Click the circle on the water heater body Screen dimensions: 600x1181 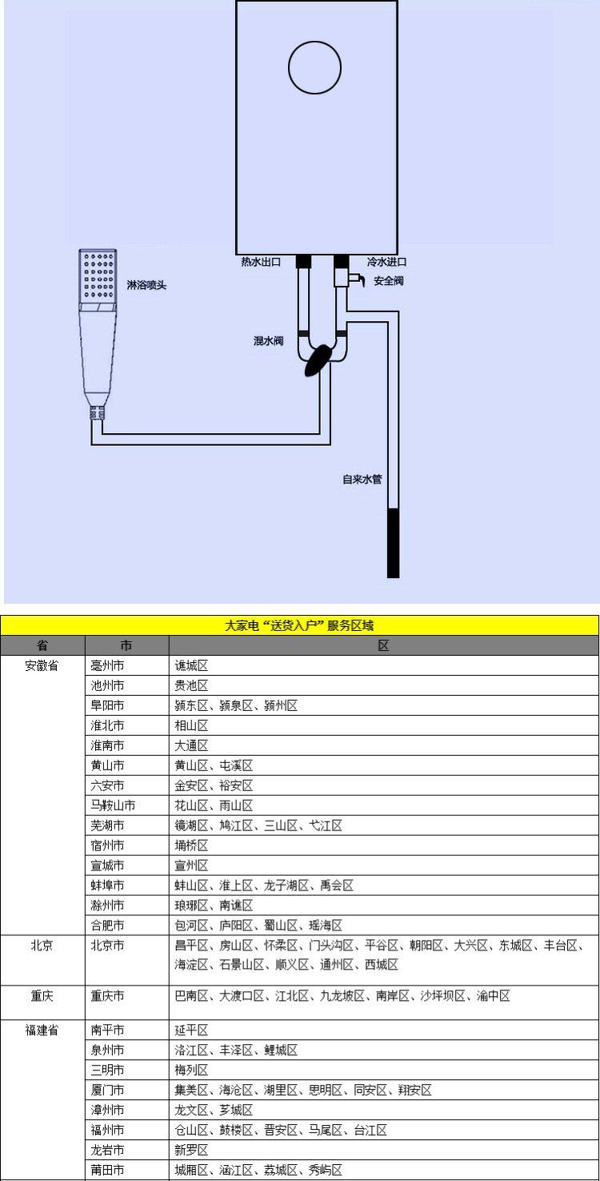[289, 67]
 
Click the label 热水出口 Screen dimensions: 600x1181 [261, 262]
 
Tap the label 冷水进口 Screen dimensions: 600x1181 [386, 262]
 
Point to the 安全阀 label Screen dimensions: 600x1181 [389, 281]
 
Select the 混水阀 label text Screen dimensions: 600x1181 [268, 340]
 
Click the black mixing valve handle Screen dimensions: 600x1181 [318, 360]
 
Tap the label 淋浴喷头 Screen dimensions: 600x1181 [146, 285]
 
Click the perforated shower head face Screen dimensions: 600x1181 [98, 276]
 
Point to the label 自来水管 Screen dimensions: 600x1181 [362, 480]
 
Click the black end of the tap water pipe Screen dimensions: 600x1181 [393, 543]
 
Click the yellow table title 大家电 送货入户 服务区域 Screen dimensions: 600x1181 [299, 625]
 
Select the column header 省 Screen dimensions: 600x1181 [42, 645]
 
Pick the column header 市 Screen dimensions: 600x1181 [126, 645]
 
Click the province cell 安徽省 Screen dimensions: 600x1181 [42, 665]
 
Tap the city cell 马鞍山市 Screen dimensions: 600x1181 [113, 805]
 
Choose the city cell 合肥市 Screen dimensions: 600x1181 [107, 925]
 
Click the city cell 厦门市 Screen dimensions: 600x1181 [107, 1090]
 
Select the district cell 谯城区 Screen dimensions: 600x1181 [191, 665]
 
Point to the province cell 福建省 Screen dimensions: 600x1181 [42, 1030]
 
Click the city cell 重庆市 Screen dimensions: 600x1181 [107, 995]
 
